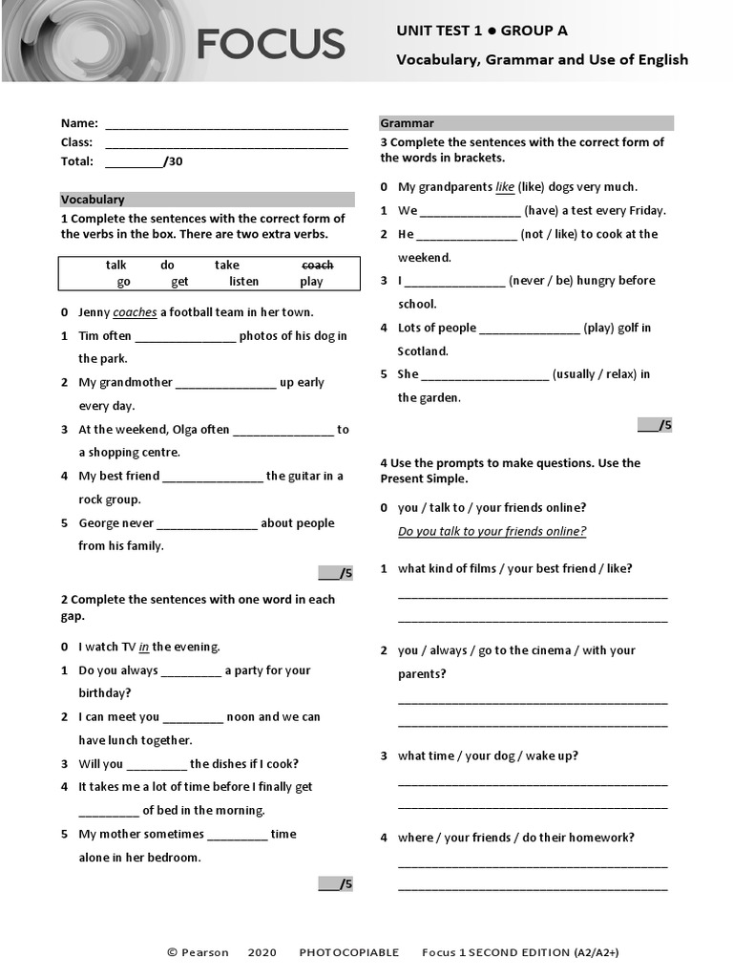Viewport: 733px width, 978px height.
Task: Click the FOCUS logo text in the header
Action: tap(270, 44)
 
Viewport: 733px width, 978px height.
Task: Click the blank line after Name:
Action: tap(226, 124)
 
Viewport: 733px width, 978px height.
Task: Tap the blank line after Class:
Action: tap(226, 143)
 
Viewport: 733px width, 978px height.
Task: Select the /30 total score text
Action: tap(173, 161)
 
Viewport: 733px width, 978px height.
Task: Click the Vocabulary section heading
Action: tap(93, 200)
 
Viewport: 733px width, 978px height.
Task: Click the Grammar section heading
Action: tap(407, 123)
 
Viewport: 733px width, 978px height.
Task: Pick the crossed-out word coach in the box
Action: tap(317, 265)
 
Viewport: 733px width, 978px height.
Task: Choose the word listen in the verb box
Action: tap(243, 282)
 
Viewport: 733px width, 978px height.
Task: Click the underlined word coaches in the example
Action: tap(135, 312)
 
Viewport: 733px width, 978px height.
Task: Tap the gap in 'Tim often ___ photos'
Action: tap(185, 337)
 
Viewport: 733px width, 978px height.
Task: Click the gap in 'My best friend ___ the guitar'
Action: tap(212, 477)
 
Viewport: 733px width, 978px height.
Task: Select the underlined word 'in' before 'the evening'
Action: tap(144, 647)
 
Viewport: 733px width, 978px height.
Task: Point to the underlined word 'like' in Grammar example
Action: tap(505, 187)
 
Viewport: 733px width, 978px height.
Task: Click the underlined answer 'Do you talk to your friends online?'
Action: tap(492, 531)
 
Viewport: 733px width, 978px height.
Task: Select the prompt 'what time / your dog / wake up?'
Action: tap(488, 755)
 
